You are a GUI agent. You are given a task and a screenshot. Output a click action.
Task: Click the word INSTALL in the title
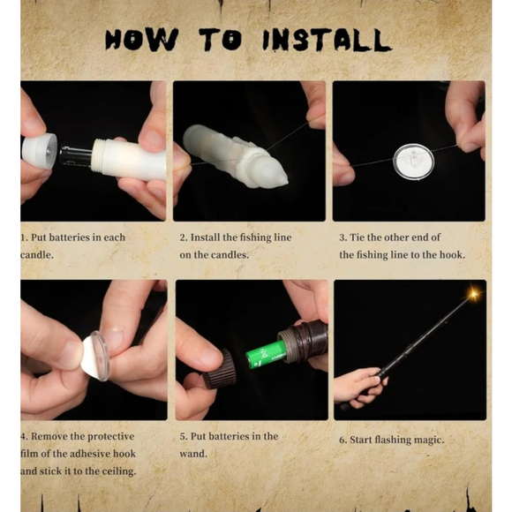pyautogui.click(x=327, y=40)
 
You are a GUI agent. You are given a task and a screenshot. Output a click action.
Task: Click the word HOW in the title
pyautogui.click(x=141, y=40)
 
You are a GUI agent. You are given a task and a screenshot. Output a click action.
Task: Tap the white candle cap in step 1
pyautogui.click(x=40, y=151)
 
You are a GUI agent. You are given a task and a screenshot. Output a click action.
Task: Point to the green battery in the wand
pyautogui.click(x=266, y=355)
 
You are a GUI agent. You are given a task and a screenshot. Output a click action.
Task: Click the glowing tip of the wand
pyautogui.click(x=473, y=293)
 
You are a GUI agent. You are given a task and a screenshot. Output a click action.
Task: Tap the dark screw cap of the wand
pyautogui.click(x=218, y=369)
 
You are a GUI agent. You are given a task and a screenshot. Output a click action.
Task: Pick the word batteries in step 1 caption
pyautogui.click(x=70, y=237)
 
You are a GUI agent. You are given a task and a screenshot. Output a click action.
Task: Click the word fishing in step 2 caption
pyautogui.click(x=256, y=238)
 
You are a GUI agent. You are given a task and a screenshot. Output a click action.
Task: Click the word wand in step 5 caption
pyautogui.click(x=193, y=454)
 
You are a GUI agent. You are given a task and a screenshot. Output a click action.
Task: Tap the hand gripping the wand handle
pyautogui.click(x=360, y=388)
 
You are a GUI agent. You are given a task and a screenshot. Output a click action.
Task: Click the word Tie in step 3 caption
pyautogui.click(x=357, y=237)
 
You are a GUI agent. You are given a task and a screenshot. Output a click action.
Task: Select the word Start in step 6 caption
pyautogui.click(x=361, y=440)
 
